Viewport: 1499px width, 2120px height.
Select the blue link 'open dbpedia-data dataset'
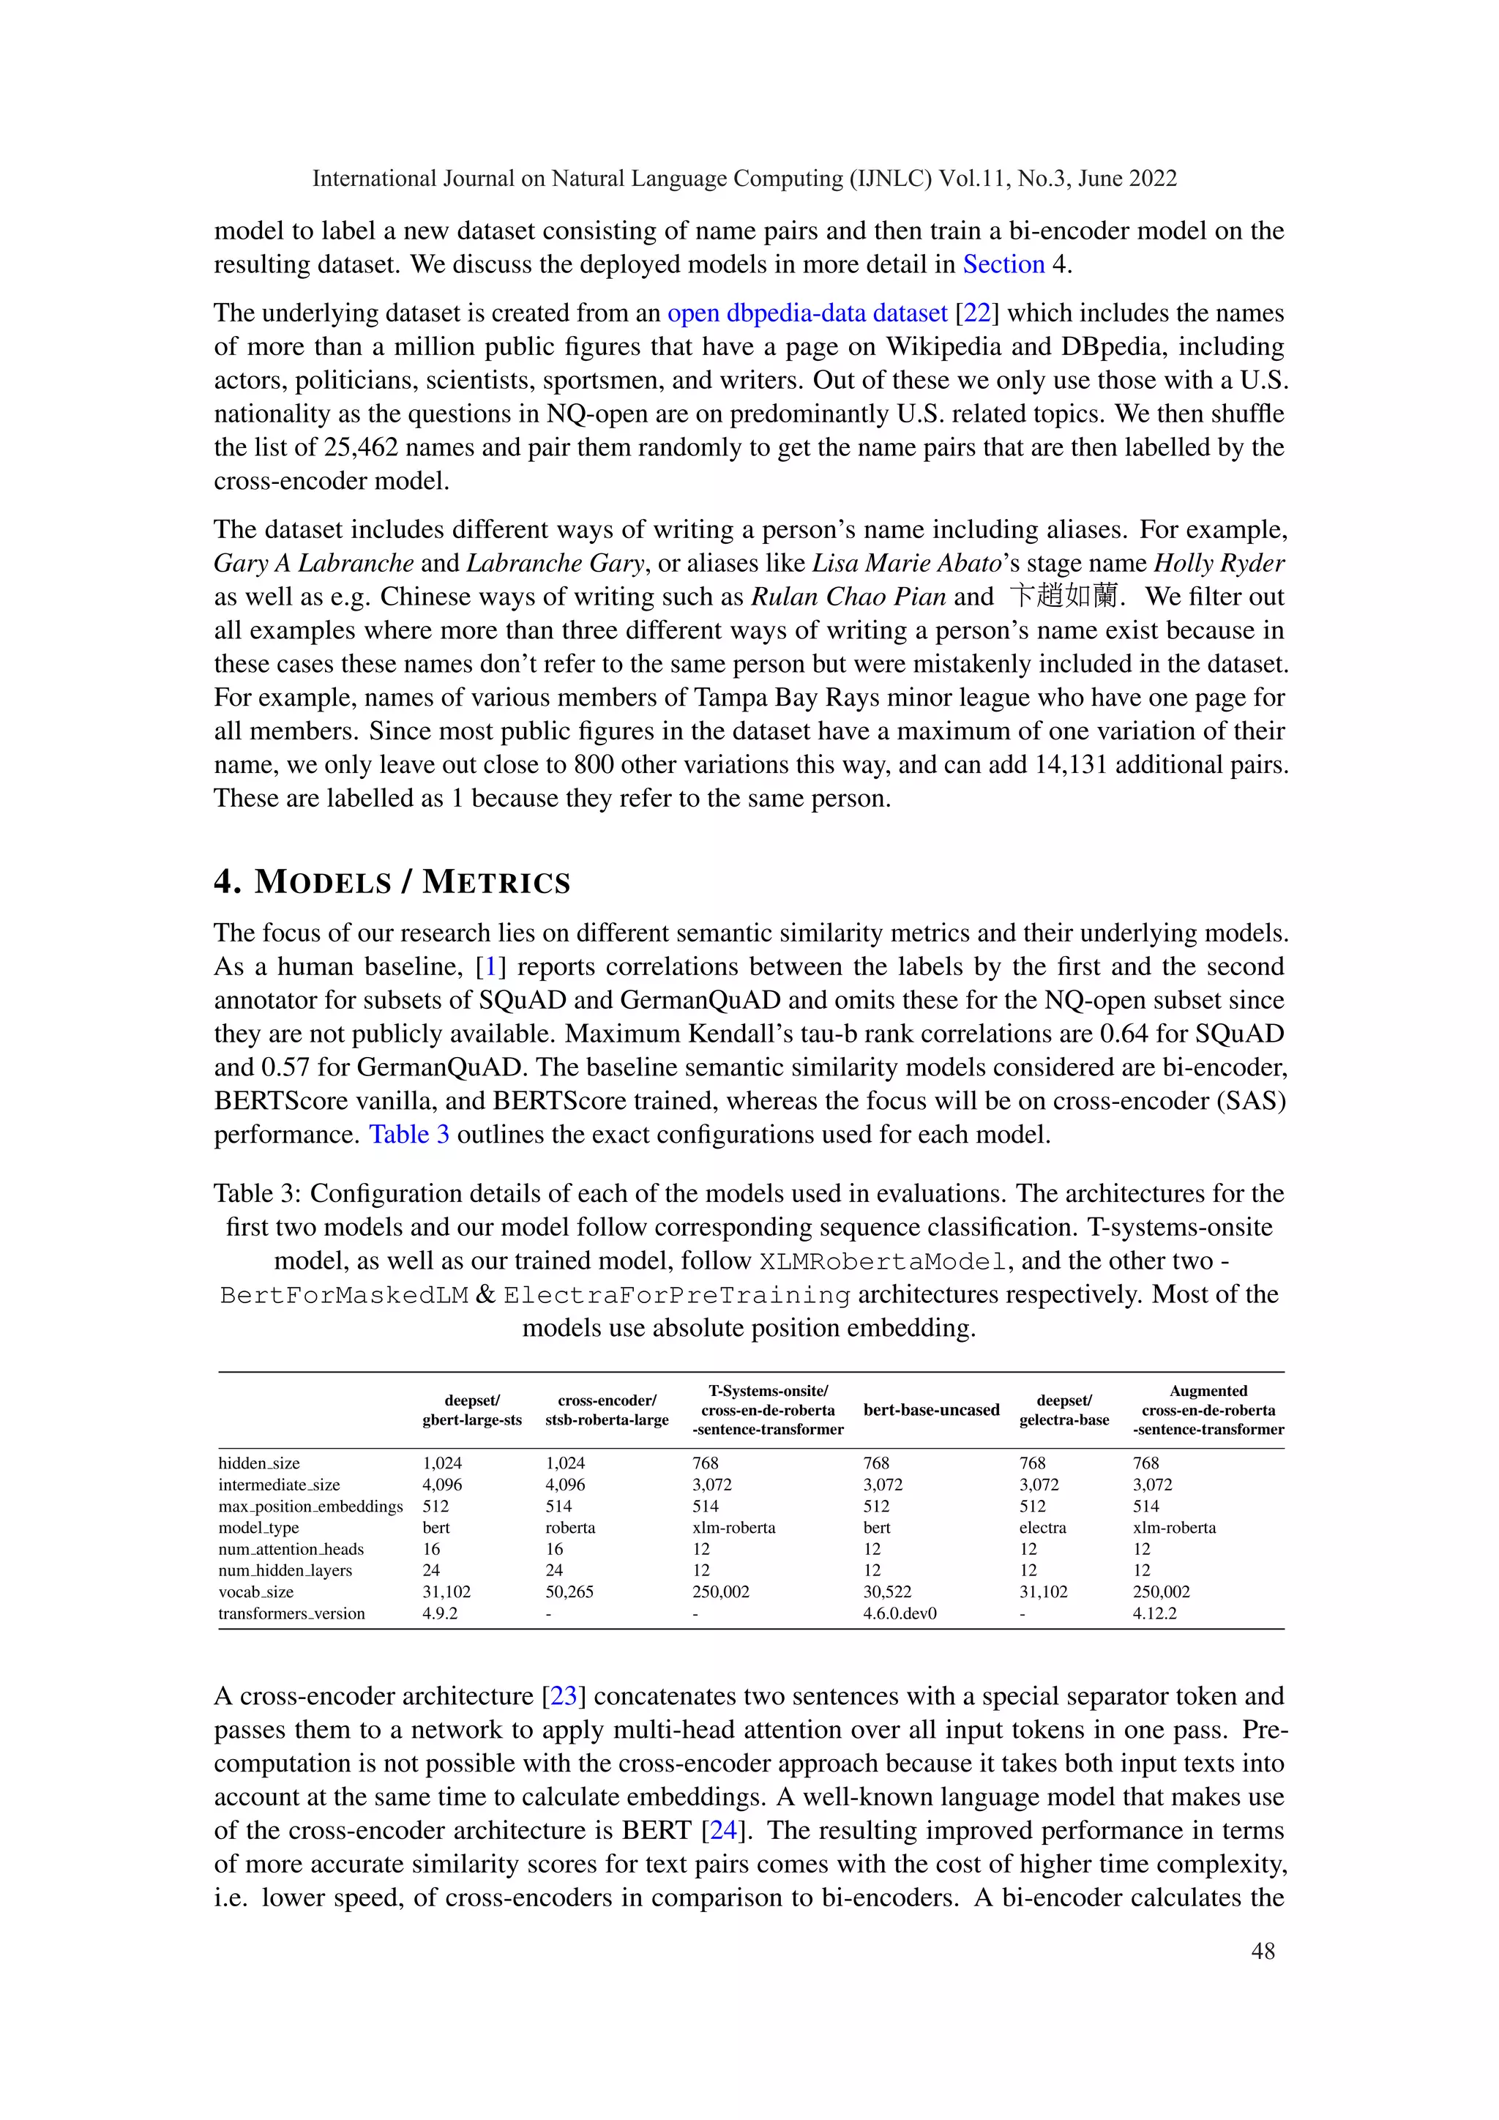(807, 313)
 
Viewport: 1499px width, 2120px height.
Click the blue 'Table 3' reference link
(409, 1134)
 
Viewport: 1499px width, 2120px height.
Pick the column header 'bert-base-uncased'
(930, 1410)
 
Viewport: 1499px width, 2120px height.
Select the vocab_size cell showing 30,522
(887, 1592)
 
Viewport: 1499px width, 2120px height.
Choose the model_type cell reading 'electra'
(1042, 1527)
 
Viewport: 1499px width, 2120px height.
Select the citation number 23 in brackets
(563, 1696)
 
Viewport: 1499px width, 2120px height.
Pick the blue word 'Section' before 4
(1003, 264)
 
